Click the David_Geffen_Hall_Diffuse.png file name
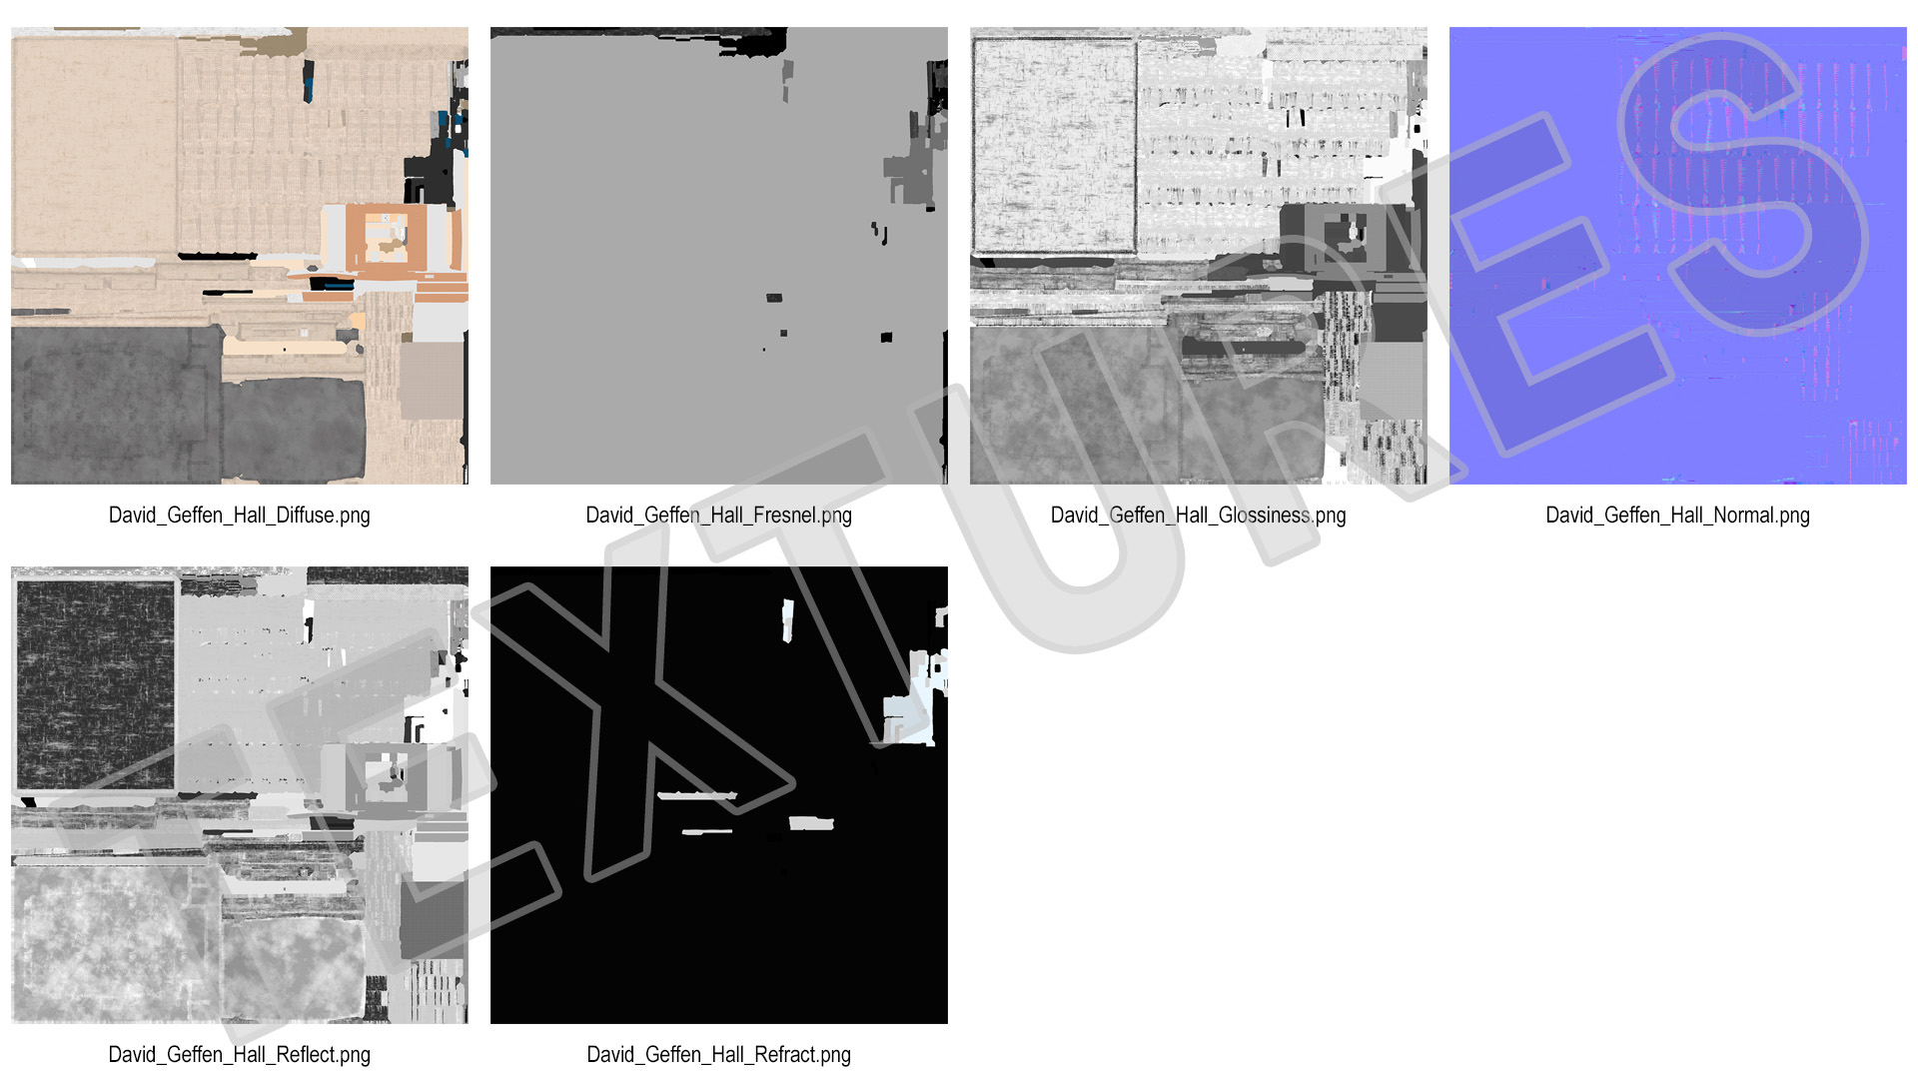pyautogui.click(x=239, y=516)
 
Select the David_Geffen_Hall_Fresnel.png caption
pyautogui.click(x=718, y=516)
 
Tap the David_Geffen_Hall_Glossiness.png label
pyautogui.click(x=1198, y=516)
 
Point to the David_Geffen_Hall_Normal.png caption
pyautogui.click(x=1677, y=516)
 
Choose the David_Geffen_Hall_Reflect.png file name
pyautogui.click(x=239, y=1055)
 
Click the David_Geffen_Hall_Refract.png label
pyautogui.click(x=718, y=1055)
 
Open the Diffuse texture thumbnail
pyautogui.click(x=240, y=256)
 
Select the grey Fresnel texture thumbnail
pyautogui.click(x=719, y=256)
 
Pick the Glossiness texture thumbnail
pyautogui.click(x=1199, y=256)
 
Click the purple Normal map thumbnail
pyautogui.click(x=1678, y=256)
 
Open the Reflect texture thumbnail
pyautogui.click(x=240, y=795)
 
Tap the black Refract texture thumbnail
pyautogui.click(x=719, y=795)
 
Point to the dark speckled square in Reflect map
pyautogui.click(x=96, y=685)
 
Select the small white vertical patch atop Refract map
pyautogui.click(x=787, y=619)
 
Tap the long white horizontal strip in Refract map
pyautogui.click(x=697, y=796)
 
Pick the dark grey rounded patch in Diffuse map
pyautogui.click(x=294, y=430)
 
